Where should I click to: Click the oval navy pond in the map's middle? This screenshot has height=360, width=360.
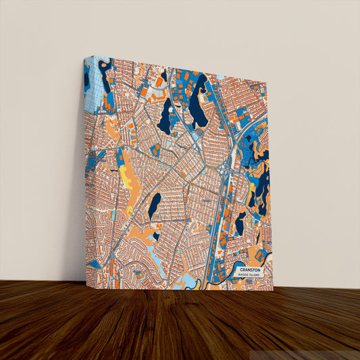(x=154, y=206)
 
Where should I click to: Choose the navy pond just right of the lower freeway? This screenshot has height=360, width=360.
(x=240, y=223)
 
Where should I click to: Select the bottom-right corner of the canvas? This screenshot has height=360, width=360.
(x=273, y=291)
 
